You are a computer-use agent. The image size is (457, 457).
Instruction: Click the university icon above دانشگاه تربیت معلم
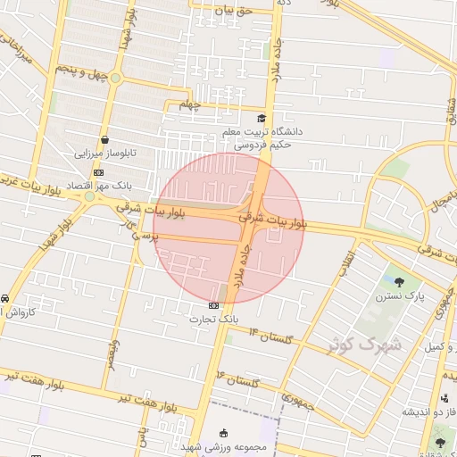pos(261,118)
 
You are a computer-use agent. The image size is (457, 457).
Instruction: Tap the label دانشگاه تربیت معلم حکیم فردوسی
pos(262,137)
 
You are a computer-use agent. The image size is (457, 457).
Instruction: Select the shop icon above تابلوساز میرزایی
pos(106,140)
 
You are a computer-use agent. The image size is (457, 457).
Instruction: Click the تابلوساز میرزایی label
pos(106,154)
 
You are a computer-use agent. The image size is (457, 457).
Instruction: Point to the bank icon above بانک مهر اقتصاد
pos(97,172)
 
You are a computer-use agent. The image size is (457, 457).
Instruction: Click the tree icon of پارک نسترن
pos(411,281)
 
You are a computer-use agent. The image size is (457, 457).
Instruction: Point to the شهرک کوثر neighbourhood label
pos(364,344)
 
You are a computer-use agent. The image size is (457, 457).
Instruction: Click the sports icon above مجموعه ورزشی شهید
pos(224,432)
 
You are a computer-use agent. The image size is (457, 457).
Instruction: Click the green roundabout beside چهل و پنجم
pos(115,79)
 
